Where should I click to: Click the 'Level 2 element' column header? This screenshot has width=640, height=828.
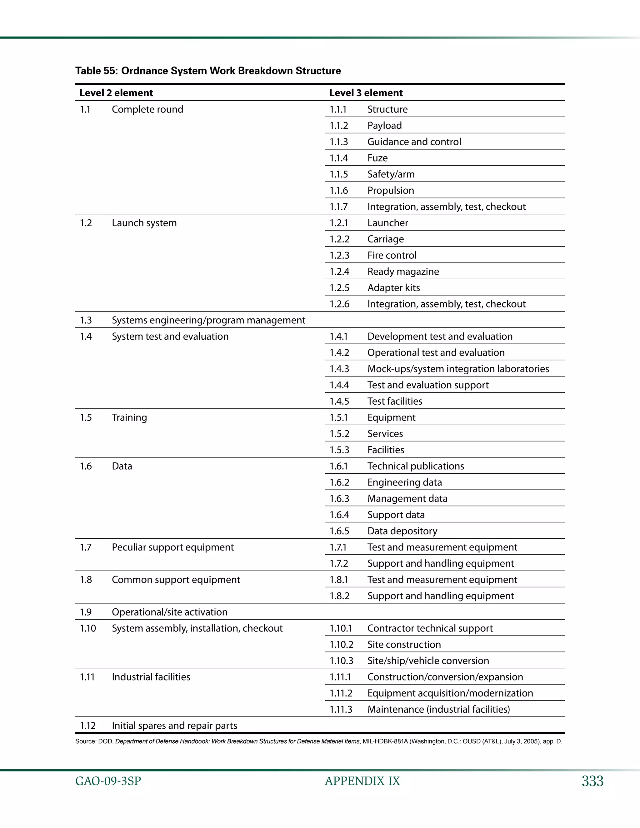116,93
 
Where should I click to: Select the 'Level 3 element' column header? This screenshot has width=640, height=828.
366,93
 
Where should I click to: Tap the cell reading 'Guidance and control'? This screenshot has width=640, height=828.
414,142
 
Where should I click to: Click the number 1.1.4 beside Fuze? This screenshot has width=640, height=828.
338,158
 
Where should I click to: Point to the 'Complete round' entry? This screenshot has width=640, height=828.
147,110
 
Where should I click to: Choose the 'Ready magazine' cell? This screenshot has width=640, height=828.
403,272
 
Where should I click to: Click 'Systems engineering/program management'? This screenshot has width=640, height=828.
208,320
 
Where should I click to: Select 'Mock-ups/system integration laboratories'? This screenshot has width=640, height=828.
458,369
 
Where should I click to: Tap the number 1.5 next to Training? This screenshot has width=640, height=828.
86,418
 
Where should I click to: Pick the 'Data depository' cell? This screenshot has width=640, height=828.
402,531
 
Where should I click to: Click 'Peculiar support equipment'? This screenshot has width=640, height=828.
172,547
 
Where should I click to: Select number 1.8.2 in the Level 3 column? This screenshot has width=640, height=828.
339,596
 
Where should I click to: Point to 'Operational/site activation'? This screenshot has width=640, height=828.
169,612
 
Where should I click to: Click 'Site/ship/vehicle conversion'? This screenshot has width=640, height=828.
428,661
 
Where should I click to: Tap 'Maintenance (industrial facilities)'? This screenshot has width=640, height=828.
438,709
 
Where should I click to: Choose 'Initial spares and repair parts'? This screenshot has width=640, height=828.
174,726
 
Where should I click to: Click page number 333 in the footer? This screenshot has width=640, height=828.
592,781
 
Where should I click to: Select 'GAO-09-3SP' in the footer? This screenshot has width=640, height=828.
108,781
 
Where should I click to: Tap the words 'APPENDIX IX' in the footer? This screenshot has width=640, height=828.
362,781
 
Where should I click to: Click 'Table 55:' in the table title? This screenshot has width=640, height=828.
97,71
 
